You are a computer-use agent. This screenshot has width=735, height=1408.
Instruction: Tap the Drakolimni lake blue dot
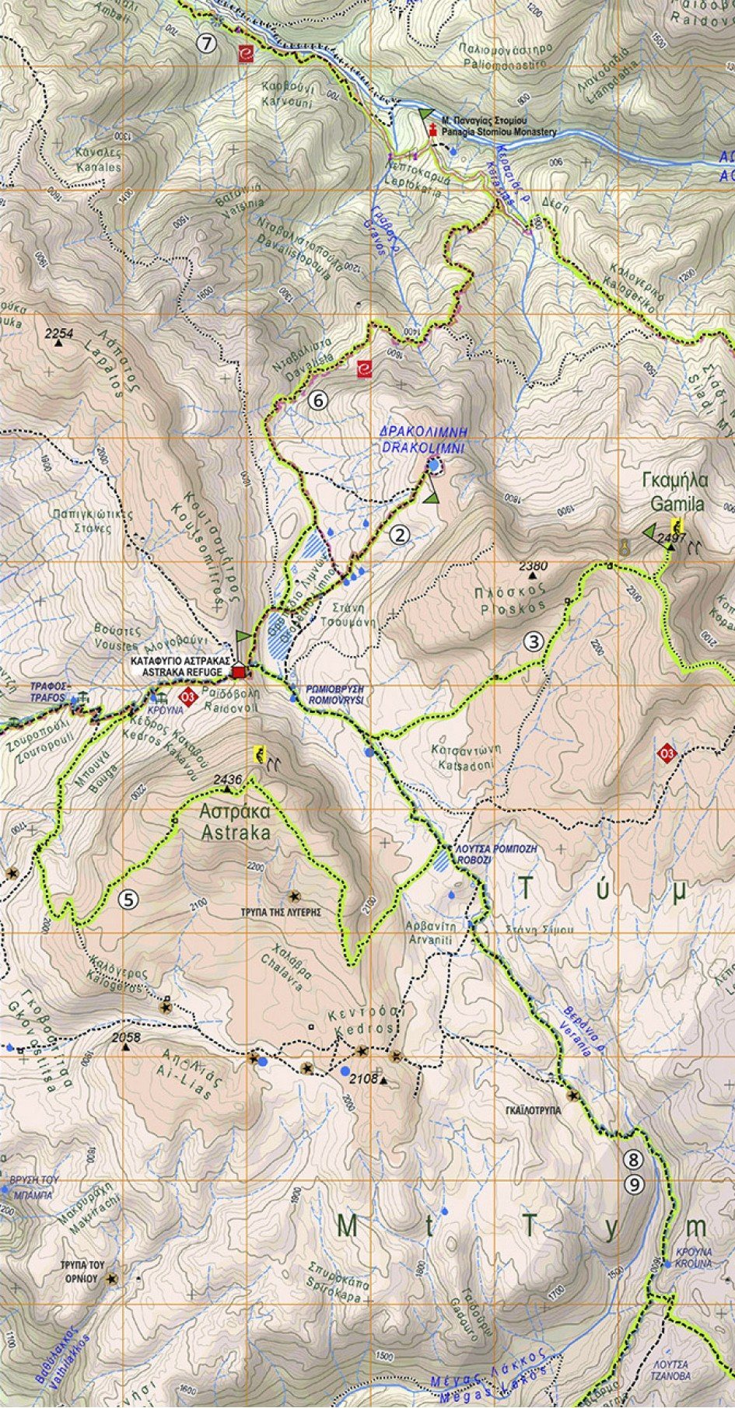pyautogui.click(x=433, y=465)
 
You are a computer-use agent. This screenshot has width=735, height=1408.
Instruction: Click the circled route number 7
pyautogui.click(x=205, y=44)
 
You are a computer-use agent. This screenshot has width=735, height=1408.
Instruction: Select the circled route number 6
pyautogui.click(x=317, y=400)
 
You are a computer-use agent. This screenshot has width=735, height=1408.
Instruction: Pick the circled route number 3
pyautogui.click(x=533, y=642)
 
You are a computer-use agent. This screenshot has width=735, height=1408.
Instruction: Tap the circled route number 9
pyautogui.click(x=635, y=1184)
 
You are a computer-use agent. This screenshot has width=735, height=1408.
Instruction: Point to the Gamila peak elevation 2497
pyautogui.click(x=670, y=537)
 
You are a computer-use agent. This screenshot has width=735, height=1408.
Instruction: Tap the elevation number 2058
pyautogui.click(x=125, y=1037)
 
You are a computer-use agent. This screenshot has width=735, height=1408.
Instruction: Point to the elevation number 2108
pyautogui.click(x=364, y=1078)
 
